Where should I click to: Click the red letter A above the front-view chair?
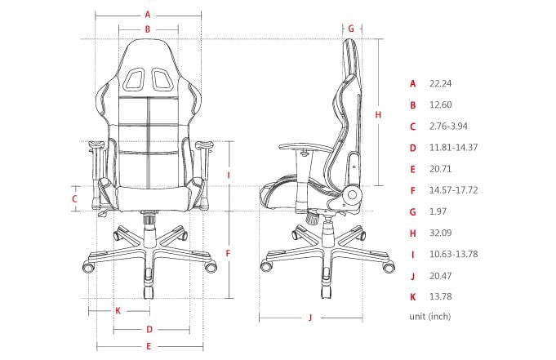click(x=148, y=14)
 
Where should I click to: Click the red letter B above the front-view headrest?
click(x=148, y=29)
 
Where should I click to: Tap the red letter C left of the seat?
click(x=74, y=198)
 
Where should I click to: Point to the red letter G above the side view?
click(x=351, y=28)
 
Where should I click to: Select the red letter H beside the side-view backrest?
click(x=378, y=115)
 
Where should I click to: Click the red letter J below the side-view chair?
click(x=311, y=318)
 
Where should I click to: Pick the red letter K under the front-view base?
click(x=118, y=310)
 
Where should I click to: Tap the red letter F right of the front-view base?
click(x=229, y=253)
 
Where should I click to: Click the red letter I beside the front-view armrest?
click(x=229, y=175)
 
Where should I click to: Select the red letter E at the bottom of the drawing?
click(x=148, y=347)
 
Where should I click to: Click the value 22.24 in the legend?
click(x=441, y=83)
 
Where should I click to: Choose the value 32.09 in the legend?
click(x=441, y=233)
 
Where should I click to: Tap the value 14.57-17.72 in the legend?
click(x=453, y=190)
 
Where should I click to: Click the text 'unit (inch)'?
click(x=429, y=316)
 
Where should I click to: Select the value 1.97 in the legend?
click(x=438, y=211)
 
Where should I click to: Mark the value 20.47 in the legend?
click(x=441, y=275)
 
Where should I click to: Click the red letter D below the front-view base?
click(x=149, y=330)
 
